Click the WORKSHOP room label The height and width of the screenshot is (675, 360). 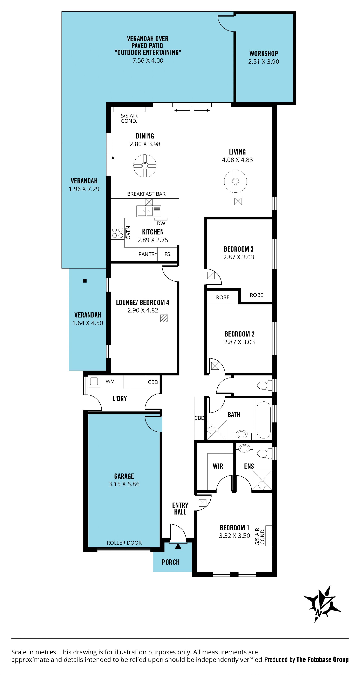(263, 53)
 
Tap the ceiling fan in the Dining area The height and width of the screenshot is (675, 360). (145, 166)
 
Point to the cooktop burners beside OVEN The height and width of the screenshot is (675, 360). (117, 232)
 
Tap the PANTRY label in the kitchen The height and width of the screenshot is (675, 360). (148, 254)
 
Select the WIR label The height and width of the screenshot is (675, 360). (218, 466)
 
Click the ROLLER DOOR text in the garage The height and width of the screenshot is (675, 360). (124, 543)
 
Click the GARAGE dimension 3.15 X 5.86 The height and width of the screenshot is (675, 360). (124, 484)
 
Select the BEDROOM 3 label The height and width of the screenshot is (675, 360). (239, 249)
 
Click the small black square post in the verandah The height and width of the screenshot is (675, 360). (85, 281)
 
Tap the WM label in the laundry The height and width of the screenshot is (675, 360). (110, 381)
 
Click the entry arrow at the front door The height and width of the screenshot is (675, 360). (178, 546)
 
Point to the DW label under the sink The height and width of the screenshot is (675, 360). (161, 223)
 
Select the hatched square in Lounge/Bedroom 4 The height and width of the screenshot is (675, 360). (164, 318)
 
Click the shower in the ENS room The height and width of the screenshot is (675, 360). (262, 480)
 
